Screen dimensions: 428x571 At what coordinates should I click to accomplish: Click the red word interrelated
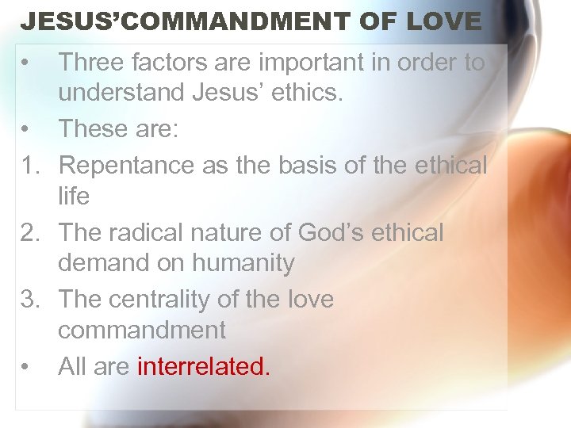[x=204, y=366]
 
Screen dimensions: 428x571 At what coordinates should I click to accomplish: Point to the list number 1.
[x=29, y=165]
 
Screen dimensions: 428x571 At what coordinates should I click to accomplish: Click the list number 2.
[x=29, y=232]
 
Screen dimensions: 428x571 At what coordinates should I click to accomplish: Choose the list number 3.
[x=29, y=300]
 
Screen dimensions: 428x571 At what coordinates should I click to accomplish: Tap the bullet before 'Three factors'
[x=27, y=63]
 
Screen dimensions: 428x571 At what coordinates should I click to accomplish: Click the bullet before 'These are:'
[x=27, y=129]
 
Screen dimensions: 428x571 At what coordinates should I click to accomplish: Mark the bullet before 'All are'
[x=27, y=367]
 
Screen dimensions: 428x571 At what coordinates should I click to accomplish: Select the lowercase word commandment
[x=142, y=330]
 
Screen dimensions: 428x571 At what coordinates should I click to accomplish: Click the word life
[x=74, y=196]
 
